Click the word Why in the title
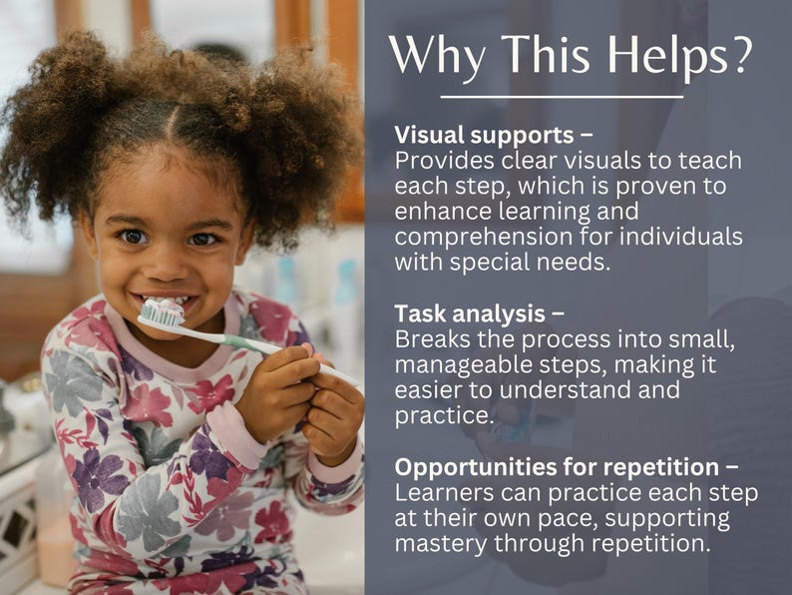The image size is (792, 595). [437, 55]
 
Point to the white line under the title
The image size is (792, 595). [562, 97]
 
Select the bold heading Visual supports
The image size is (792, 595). [485, 135]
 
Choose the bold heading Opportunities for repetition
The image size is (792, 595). [557, 467]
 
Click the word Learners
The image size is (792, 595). [438, 493]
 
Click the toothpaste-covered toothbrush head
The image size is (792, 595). [163, 312]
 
